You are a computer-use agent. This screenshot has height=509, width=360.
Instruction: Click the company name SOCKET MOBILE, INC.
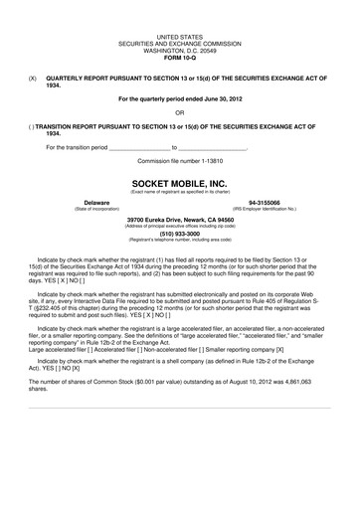179,185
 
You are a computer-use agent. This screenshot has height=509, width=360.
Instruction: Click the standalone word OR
179,112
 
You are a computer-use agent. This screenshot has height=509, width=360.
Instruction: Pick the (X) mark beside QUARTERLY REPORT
33,76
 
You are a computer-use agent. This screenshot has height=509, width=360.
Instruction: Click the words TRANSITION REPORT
72,127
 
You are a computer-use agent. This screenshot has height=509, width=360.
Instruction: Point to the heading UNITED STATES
179,36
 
